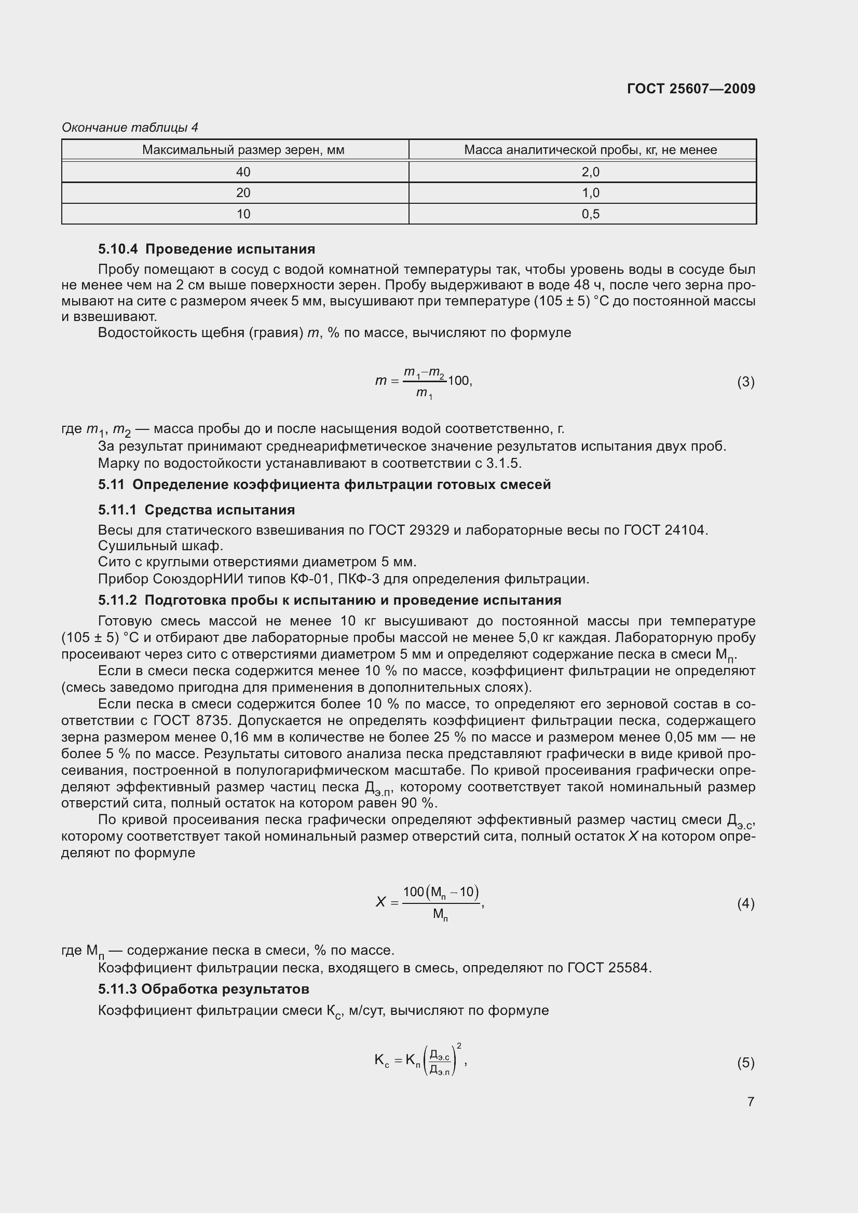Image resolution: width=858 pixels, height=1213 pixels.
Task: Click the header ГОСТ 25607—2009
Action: click(691, 89)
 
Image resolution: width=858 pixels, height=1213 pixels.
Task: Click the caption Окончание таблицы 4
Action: click(130, 128)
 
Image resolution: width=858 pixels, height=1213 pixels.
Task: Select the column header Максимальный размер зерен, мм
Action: click(243, 150)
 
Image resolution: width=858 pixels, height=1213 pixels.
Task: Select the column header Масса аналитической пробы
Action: click(590, 150)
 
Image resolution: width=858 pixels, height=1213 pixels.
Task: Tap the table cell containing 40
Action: click(243, 172)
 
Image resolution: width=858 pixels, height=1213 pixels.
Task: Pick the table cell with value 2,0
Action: click(591, 172)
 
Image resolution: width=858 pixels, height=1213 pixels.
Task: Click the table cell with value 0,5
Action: click(591, 214)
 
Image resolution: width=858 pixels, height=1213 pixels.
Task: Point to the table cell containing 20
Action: click(243, 193)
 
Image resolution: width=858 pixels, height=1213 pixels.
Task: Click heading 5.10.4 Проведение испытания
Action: click(206, 249)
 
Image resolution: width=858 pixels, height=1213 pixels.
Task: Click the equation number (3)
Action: click(745, 382)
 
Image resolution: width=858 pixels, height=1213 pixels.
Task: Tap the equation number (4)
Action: click(745, 903)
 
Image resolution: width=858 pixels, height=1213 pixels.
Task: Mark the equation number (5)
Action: click(745, 1063)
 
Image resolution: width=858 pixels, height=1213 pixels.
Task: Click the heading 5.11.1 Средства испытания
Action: click(196, 510)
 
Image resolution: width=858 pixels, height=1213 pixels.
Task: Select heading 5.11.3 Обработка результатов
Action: click(203, 989)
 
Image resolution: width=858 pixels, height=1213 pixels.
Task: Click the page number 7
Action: click(751, 1102)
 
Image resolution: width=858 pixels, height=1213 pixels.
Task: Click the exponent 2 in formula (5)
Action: click(459, 1045)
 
